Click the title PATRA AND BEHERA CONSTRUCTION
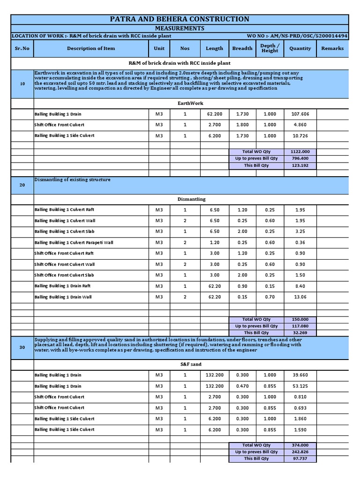[180, 19]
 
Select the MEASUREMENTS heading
[180, 29]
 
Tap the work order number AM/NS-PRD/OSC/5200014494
[297, 36]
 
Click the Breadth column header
[242, 48]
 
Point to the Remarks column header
[332, 48]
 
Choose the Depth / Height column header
[270, 48]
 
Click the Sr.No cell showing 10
[22, 84]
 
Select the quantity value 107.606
[300, 114]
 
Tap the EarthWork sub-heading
[190, 103]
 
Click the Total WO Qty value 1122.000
[300, 152]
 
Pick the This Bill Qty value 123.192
[300, 165]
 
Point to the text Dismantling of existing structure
[72, 180]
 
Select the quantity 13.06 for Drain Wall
[300, 297]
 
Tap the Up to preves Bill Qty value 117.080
[300, 326]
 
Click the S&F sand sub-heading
[190, 364]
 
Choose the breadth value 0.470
[242, 386]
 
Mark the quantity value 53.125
[300, 386]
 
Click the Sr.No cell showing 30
[22, 347]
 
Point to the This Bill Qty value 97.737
[300, 458]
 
